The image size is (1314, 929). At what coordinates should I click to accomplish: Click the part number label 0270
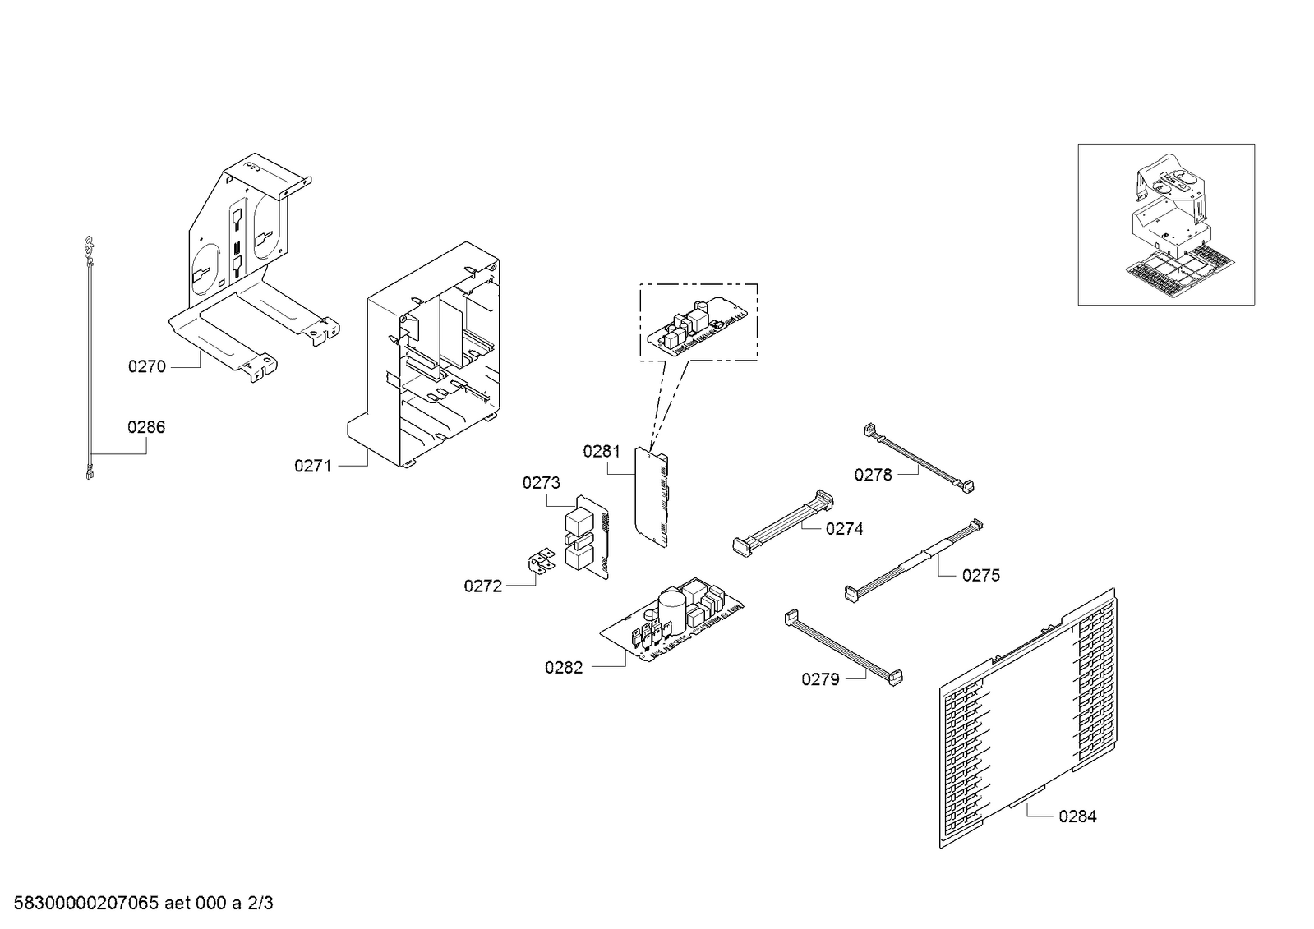point(146,367)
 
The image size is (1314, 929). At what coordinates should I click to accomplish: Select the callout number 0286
point(145,427)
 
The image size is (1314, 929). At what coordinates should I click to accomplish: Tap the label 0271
point(312,467)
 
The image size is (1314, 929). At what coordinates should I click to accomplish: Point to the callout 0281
point(602,451)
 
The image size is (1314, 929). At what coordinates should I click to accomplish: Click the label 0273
point(541,483)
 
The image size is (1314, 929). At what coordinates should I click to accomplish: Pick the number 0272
point(482,586)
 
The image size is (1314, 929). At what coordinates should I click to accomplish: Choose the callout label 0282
point(563,668)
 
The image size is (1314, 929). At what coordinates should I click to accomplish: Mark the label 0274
point(844,529)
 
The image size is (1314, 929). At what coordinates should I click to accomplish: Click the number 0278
point(873,475)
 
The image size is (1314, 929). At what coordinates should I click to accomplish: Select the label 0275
point(980,576)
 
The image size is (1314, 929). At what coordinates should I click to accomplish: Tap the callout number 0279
point(820,679)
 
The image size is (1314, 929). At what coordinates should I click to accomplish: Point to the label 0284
point(1077,816)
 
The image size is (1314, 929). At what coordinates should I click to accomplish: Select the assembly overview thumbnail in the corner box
point(1165,224)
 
